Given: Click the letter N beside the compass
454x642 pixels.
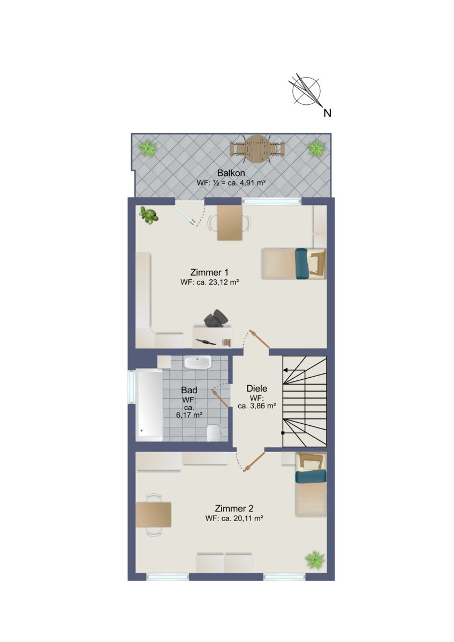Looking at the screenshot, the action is tap(327, 113).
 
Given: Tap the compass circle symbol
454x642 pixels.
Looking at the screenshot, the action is tap(306, 91).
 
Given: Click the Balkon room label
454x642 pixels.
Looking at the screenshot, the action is tap(231, 173).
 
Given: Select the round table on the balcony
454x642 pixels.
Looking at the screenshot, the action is tap(258, 150).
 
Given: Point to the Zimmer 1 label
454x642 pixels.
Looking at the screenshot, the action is tap(209, 272).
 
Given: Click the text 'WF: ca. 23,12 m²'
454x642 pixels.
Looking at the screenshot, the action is tap(210, 282).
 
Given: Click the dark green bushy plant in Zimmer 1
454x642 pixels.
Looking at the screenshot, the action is tap(148, 215).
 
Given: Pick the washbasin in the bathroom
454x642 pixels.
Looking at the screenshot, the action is tap(198, 363).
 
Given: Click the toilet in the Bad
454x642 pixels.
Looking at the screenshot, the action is tap(214, 432).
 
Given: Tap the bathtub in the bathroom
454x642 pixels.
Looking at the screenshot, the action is tap(149, 405).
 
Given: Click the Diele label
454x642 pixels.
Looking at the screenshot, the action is tap(256, 388).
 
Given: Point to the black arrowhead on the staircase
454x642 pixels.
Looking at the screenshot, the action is tap(285, 370).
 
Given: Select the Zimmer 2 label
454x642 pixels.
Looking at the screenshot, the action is tap(234, 508).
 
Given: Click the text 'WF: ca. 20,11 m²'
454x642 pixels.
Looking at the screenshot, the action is tap(234, 518).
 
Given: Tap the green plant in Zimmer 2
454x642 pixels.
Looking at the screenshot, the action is tap(315, 559).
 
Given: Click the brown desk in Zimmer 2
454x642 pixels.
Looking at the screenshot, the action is tap(154, 515).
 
